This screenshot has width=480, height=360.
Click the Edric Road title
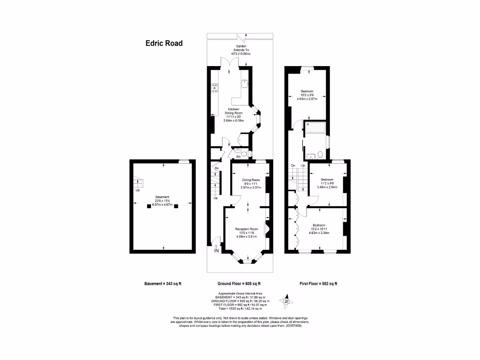pos(163,44)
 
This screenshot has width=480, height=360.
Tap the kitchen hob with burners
pos(215,88)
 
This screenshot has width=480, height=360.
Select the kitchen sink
pos(245,83)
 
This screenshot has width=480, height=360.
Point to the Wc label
pos(238,157)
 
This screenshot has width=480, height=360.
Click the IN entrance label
pos(216,251)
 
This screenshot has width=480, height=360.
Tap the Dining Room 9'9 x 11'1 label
pos(250,184)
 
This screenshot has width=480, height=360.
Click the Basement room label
pos(162,201)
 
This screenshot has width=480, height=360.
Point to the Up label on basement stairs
pos(138,190)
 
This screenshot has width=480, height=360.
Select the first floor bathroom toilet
pos(320,154)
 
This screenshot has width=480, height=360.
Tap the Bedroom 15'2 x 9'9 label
pos(307,95)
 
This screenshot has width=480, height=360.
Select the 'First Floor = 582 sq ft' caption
pos(318,284)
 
